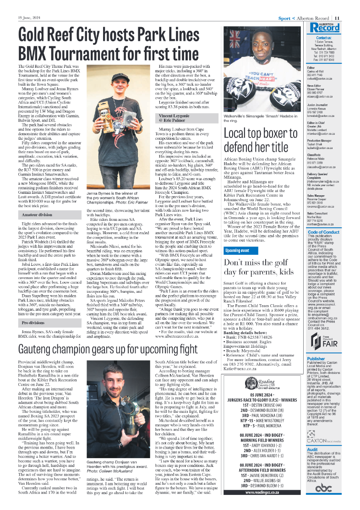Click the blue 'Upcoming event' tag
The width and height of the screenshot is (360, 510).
237,251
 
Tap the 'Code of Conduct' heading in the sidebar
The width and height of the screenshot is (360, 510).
323,233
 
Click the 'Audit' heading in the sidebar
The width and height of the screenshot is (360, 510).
312,450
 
